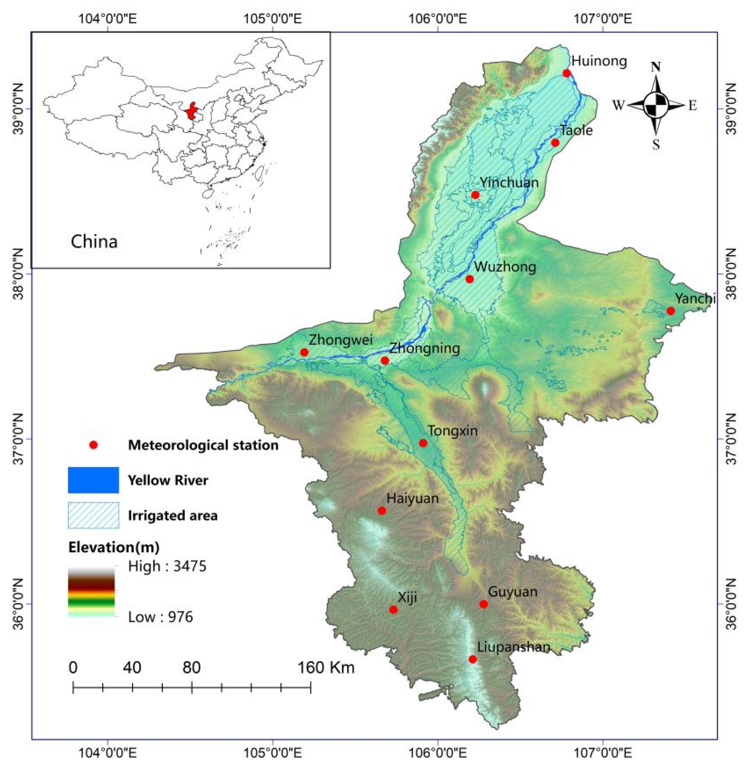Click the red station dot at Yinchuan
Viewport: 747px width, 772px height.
click(x=475, y=195)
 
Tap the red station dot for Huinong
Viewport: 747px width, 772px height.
click(x=567, y=73)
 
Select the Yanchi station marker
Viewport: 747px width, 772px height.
click(x=671, y=311)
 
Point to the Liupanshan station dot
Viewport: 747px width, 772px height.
click(x=473, y=659)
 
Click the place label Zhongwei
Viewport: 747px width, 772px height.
click(x=340, y=339)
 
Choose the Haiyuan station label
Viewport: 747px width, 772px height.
click(x=412, y=498)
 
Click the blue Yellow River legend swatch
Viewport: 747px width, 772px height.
click(x=93, y=480)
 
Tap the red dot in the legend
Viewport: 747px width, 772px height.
click(x=93, y=445)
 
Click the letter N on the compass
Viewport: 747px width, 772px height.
click(x=656, y=67)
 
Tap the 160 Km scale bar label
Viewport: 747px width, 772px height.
click(x=325, y=668)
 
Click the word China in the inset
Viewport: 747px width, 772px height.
click(x=94, y=242)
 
